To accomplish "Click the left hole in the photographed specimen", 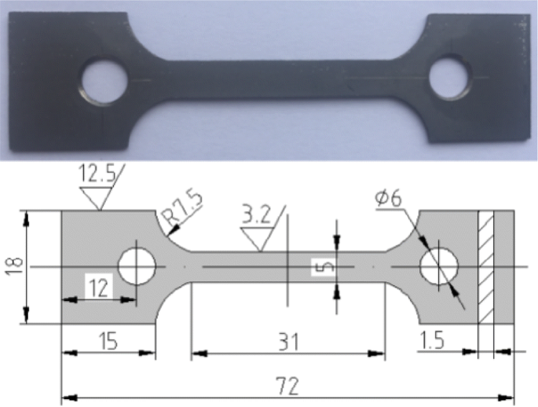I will click(104, 82).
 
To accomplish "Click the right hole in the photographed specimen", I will click(449, 77).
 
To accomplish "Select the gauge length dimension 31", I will click(288, 342).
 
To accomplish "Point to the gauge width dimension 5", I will click(318, 267).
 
